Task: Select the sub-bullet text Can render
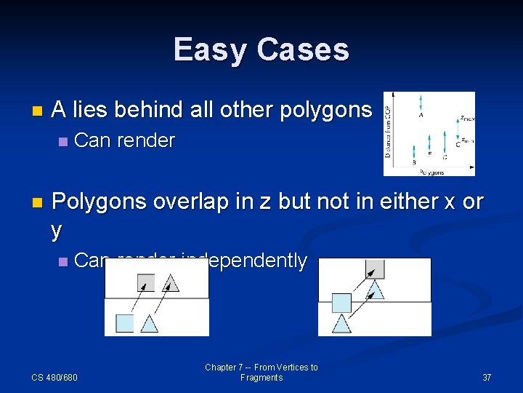[x=125, y=140]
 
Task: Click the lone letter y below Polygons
[x=57, y=229]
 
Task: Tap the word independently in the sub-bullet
[x=244, y=261]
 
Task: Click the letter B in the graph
[x=414, y=162]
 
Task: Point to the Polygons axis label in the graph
[x=431, y=172]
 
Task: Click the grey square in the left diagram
[x=146, y=282]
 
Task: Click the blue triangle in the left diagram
[x=149, y=324]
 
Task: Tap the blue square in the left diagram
[x=125, y=322]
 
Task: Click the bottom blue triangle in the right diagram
[x=342, y=324]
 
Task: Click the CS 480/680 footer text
[x=54, y=377]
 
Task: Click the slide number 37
[x=487, y=377]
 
